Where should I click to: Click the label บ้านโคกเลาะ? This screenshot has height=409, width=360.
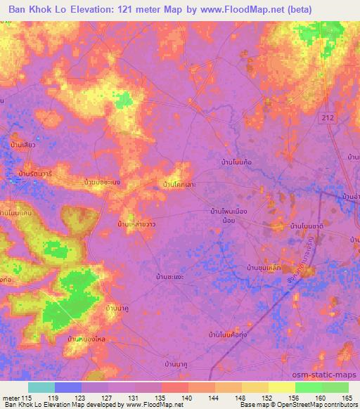coord(179,185)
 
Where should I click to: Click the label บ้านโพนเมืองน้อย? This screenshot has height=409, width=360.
coord(232,214)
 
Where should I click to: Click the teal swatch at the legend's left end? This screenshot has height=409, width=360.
coord(41,387)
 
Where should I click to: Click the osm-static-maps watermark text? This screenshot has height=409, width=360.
coord(326,376)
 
